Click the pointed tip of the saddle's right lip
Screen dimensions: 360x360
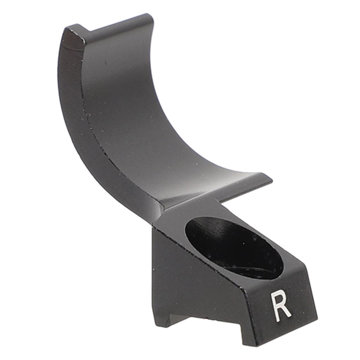click(272, 182)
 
